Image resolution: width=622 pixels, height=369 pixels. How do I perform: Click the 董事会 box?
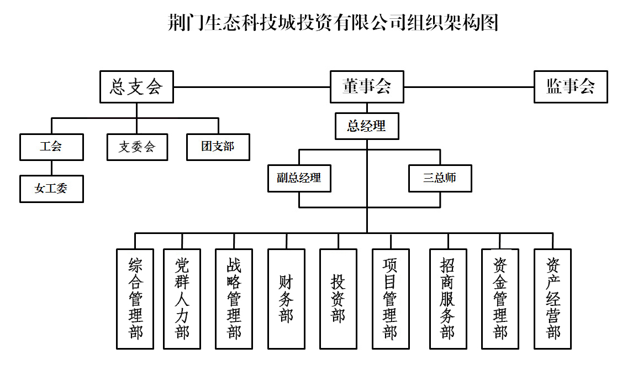tap(367, 87)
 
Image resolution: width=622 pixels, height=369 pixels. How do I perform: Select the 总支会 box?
tap(136, 87)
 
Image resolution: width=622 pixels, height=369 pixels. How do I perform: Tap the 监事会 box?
tap(571, 87)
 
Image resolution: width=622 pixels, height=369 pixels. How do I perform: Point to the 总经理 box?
tap(367, 126)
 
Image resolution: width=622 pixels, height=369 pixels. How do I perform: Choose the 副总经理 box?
tap(299, 179)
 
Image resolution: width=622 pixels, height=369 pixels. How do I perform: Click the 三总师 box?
tap(440, 179)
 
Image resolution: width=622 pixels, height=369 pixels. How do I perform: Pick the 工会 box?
tap(51, 147)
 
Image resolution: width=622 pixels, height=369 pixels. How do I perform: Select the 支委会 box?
tap(137, 147)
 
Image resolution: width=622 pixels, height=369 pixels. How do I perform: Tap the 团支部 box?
tap(218, 147)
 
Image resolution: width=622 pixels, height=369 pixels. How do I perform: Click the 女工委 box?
tap(51, 189)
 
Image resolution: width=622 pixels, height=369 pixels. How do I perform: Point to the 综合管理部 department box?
tap(135, 299)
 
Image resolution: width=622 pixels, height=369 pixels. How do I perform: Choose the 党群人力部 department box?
tap(182, 299)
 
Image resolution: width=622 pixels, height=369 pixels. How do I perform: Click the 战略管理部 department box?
tap(234, 299)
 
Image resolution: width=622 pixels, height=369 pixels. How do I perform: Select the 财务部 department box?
tap(286, 299)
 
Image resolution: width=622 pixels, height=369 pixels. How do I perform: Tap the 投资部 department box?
tap(338, 299)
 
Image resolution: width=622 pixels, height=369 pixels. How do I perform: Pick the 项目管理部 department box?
tap(391, 299)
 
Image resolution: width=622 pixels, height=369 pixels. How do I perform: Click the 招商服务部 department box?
tap(448, 299)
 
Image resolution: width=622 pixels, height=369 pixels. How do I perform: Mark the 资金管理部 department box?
tap(500, 299)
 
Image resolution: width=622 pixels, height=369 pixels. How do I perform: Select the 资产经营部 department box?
tap(552, 299)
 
